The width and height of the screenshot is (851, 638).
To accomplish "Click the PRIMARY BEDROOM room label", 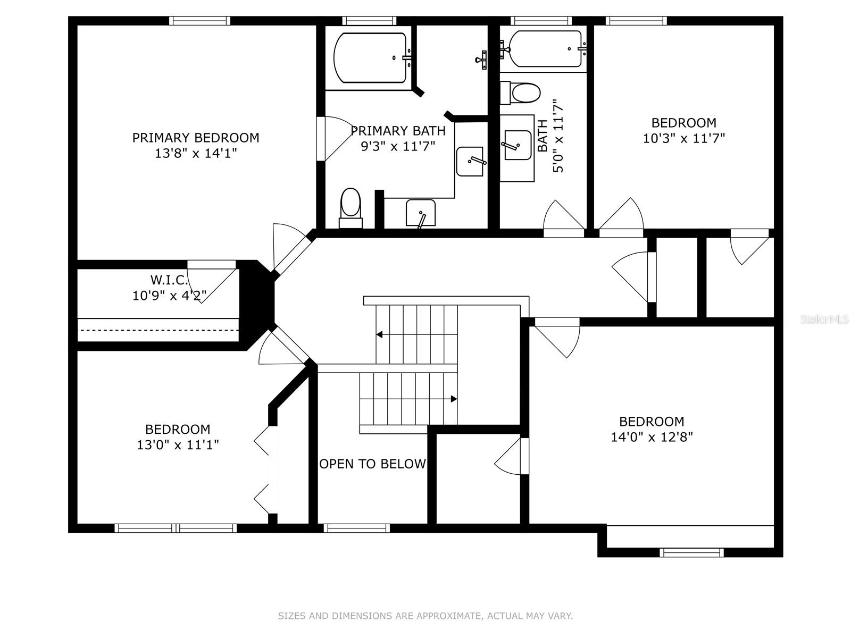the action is [x=195, y=138].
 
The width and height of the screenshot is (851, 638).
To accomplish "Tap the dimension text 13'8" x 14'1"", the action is [x=195, y=154].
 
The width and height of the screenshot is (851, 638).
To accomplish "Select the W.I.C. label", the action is [x=169, y=280].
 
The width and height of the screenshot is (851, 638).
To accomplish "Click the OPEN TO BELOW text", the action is [x=372, y=464].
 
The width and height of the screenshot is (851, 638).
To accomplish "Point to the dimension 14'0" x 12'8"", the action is [x=652, y=438].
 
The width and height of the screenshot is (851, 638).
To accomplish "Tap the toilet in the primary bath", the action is [x=351, y=208].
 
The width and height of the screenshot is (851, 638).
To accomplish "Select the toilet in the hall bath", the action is [x=520, y=93].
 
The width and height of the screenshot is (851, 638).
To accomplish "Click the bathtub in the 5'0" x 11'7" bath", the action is [x=545, y=49].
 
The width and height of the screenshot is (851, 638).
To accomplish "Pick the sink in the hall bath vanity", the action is [x=518, y=145].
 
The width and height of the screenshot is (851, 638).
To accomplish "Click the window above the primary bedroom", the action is [x=199, y=21].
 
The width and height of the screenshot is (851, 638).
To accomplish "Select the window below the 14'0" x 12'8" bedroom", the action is [x=691, y=552].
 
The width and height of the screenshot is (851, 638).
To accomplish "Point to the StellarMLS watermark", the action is [x=824, y=320].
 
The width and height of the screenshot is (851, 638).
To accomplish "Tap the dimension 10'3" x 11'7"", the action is [x=684, y=138].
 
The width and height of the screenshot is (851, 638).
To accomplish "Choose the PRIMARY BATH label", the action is [x=398, y=131].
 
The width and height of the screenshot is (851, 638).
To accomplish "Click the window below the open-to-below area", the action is [x=357, y=528].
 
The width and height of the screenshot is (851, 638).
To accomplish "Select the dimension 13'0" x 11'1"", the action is [x=178, y=444].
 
